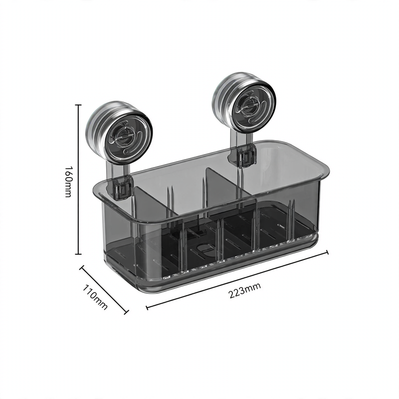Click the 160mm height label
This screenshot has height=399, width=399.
point(68,182)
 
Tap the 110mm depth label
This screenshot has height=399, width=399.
point(95,297)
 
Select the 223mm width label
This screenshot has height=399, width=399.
point(244,290)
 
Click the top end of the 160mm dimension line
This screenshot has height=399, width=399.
point(78,105)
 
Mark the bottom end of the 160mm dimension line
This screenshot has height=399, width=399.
point(78,254)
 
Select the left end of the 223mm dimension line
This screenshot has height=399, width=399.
point(147,307)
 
